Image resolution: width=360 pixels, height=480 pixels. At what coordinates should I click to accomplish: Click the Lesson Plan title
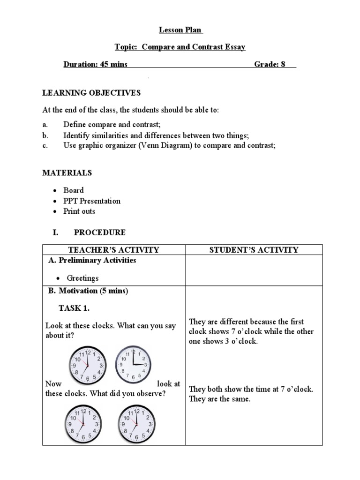(x=180, y=30)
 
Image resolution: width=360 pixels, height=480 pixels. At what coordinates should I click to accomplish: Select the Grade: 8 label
(x=270, y=64)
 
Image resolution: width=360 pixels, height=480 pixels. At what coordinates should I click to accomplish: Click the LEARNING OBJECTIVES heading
(x=91, y=93)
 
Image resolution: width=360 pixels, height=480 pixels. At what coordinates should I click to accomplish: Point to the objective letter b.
(x=45, y=135)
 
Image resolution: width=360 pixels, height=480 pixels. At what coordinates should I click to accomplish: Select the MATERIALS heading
(x=67, y=172)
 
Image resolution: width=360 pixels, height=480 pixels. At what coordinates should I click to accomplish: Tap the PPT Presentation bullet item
(x=92, y=201)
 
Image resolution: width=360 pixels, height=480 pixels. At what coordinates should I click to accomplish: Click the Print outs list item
(x=79, y=211)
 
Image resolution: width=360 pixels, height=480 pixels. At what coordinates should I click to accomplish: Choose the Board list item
(x=74, y=190)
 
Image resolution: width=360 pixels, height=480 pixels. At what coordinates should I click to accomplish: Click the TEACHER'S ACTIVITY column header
(x=114, y=250)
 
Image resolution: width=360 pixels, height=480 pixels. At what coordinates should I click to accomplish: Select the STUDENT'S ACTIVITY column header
(x=254, y=250)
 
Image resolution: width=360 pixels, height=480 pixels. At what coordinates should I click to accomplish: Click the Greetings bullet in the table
(x=82, y=278)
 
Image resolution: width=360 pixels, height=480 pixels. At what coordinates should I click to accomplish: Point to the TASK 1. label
(x=74, y=308)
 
